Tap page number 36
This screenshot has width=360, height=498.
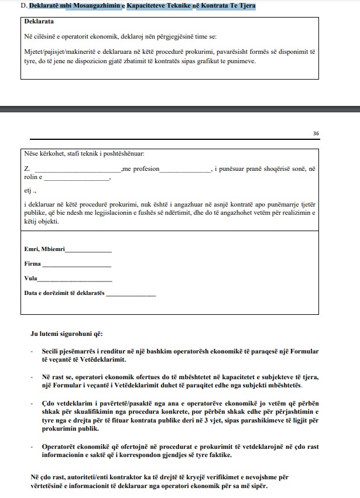tap(316, 133)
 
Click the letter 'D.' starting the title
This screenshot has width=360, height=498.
tap(23, 5)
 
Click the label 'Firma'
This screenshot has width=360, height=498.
tap(33, 264)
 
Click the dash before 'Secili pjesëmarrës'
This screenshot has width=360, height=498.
tap(32, 351)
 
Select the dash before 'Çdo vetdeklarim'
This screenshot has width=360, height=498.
tap(32, 404)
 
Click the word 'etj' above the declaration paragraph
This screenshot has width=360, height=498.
tap(28, 190)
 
